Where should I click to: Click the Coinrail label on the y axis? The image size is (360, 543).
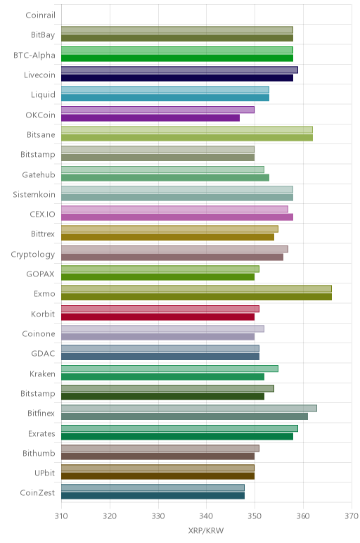[40, 15]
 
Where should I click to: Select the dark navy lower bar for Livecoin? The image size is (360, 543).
[177, 78]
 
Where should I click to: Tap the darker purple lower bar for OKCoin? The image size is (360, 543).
[150, 117]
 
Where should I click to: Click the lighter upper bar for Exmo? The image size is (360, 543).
[196, 289]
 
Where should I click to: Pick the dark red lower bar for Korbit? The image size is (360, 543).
[157, 317]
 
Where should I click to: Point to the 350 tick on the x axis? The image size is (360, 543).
[255, 516]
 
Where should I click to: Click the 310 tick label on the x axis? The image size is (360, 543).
[61, 516]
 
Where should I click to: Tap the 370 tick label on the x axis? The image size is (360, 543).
[352, 516]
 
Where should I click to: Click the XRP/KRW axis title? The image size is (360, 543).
[206, 530]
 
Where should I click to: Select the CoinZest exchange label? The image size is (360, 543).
[37, 492]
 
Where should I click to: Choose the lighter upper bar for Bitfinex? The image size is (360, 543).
[189, 408]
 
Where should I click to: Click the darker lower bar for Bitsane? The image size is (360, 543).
[187, 138]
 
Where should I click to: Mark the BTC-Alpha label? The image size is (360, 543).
[34, 56]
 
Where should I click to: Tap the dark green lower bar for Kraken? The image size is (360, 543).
[162, 377]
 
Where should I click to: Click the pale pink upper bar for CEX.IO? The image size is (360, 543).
[174, 209]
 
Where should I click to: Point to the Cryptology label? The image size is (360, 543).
[33, 255]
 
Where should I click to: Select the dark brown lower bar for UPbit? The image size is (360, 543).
[157, 476]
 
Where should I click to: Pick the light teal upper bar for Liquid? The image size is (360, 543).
[165, 90]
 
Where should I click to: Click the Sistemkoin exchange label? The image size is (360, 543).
[34, 195]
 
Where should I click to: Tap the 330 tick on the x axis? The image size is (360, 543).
[158, 516]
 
